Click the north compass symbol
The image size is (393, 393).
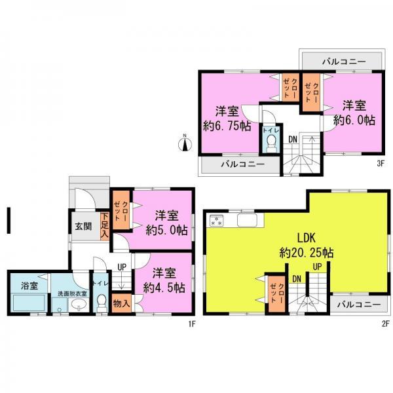pyautogui.click(x=185, y=140)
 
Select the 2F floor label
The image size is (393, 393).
pyautogui.click(x=386, y=323)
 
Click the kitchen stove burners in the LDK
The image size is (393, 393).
pyautogui.click(x=217, y=220)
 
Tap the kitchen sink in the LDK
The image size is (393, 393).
pyautogui.click(x=246, y=219)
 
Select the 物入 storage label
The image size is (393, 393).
pyautogui.click(x=121, y=303)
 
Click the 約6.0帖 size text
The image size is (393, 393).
pyautogui.click(x=354, y=121)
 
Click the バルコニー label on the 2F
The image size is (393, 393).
pyautogui.click(x=359, y=304)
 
